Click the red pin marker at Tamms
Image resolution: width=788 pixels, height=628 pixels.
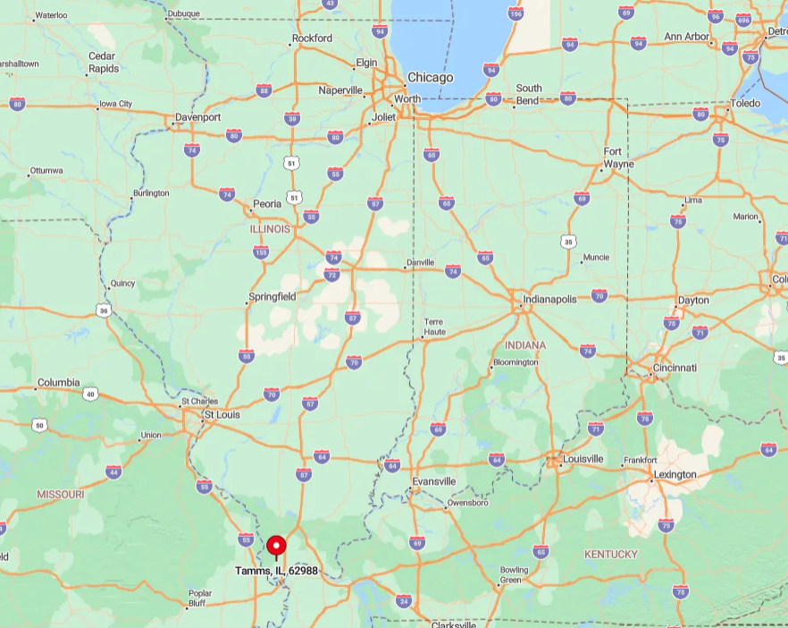pos(277,545)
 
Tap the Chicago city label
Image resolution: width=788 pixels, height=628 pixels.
pos(430,77)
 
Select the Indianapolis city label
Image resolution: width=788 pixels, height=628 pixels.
pos(549,300)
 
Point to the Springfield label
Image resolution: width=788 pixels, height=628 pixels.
pos(272,296)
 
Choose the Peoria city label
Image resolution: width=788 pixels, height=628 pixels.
pos(267,204)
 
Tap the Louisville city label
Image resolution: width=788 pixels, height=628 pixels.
pos(582,459)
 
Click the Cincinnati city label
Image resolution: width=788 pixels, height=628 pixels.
pos(674,368)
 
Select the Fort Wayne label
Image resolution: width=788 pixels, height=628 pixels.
pos(618,157)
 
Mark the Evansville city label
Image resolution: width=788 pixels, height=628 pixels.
pos(434,481)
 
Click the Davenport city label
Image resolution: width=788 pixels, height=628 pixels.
pos(197,117)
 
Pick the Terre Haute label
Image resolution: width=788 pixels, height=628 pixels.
pos(433,327)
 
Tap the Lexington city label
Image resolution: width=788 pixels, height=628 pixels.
pos(675,474)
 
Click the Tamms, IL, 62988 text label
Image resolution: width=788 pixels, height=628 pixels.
pos(276,571)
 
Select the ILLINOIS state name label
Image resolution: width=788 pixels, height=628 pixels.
pos(270,229)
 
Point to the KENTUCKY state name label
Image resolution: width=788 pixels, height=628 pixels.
pos(611,554)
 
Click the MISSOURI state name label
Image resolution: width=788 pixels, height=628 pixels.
pos(61,494)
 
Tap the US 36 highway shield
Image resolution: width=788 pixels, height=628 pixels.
pos(105,310)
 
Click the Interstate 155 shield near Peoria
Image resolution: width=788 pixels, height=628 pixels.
pos(261,253)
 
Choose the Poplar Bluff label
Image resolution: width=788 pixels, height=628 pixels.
pos(200,598)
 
